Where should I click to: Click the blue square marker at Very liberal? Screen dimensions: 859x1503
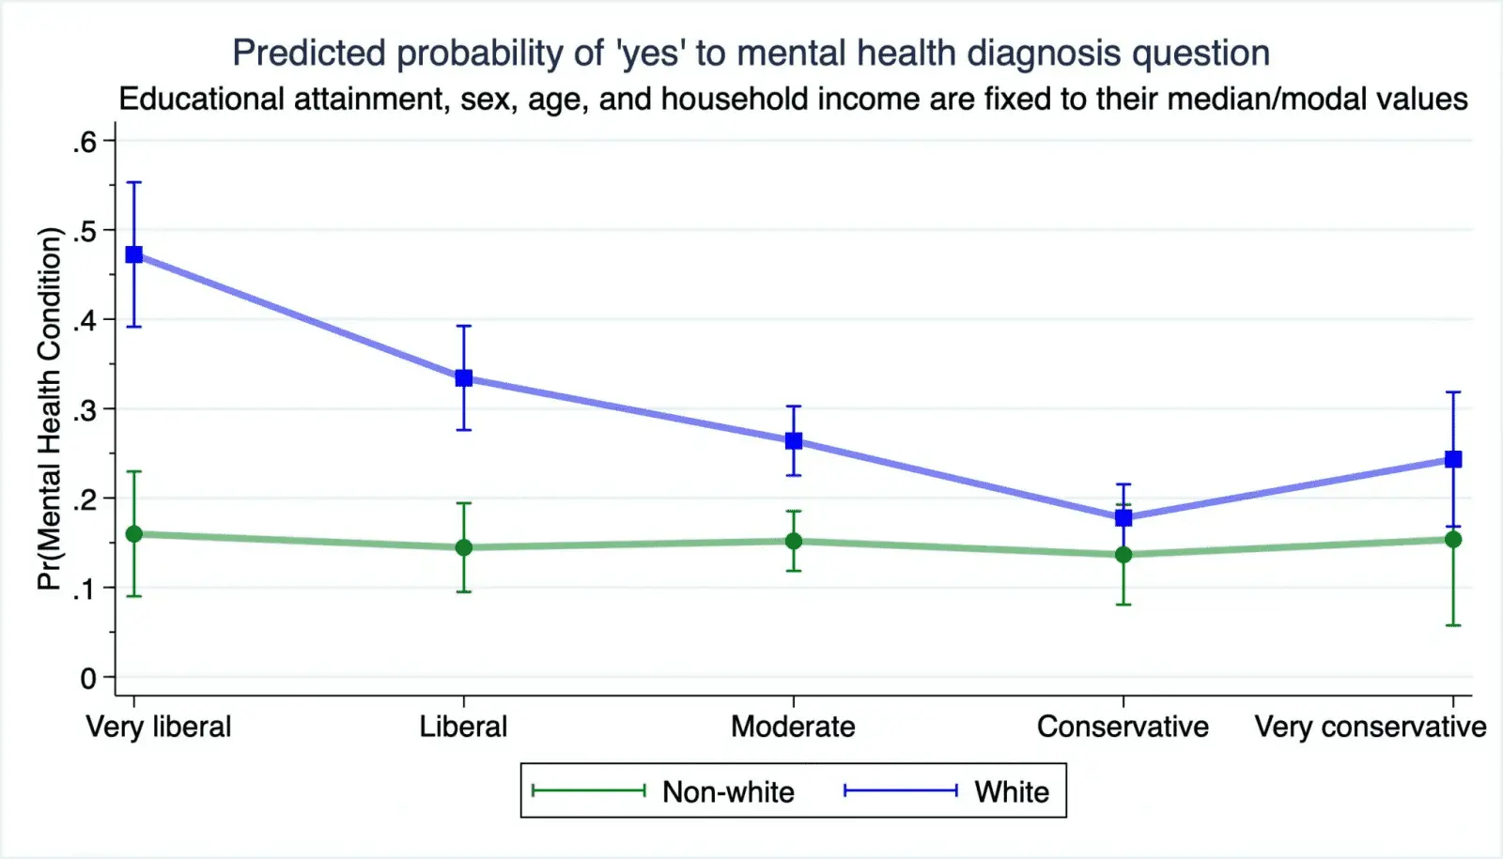click(x=134, y=254)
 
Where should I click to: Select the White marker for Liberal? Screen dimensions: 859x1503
click(x=464, y=378)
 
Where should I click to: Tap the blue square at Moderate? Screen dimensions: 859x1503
click(x=794, y=440)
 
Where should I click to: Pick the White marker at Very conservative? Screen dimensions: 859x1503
click(x=1453, y=459)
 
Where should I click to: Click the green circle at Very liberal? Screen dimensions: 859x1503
click(x=134, y=534)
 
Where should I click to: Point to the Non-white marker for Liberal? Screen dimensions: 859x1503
click(x=464, y=547)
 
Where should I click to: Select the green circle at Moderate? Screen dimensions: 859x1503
click(x=794, y=541)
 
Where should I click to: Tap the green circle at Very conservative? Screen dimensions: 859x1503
click(x=1453, y=539)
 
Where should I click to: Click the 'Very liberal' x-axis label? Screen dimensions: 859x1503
click(x=159, y=727)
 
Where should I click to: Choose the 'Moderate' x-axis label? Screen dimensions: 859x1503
click(x=793, y=727)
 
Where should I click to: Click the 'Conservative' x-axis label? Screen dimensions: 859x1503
click(x=1123, y=727)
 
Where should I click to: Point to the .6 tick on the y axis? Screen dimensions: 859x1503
click(x=85, y=142)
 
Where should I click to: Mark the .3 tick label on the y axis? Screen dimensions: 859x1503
click(x=85, y=410)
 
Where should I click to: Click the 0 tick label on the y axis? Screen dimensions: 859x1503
click(x=88, y=678)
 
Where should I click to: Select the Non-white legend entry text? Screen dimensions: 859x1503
click(x=728, y=792)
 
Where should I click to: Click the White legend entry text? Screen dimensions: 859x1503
click(x=1012, y=792)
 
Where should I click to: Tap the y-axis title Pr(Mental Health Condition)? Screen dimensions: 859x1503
click(x=49, y=408)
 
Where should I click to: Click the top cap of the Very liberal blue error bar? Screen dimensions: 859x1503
click(x=134, y=182)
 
